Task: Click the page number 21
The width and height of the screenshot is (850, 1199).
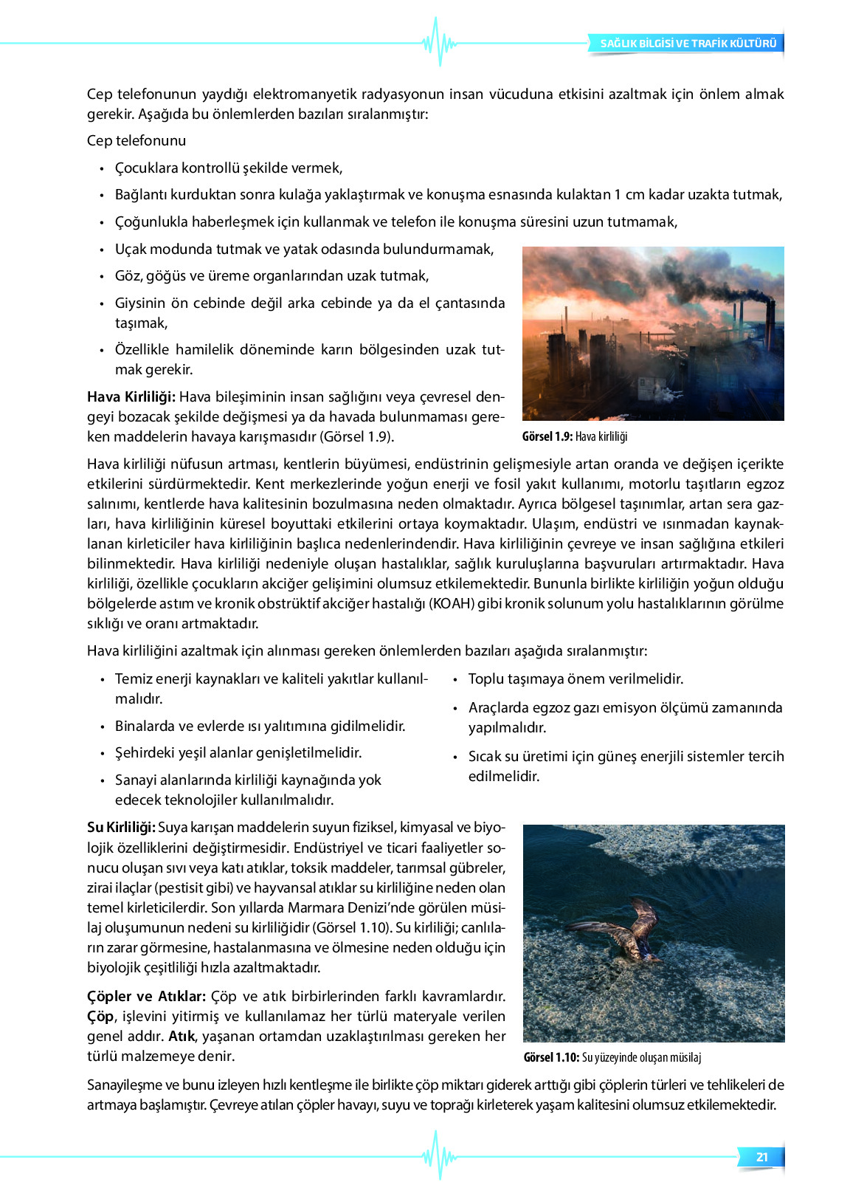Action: coord(762,1157)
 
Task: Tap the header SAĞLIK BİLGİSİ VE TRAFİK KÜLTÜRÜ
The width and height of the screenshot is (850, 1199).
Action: coord(688,44)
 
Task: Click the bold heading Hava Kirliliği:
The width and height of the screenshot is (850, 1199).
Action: coord(131,396)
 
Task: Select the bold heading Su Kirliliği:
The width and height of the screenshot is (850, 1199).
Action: coord(121,827)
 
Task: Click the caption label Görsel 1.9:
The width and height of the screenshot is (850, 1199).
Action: coord(547,436)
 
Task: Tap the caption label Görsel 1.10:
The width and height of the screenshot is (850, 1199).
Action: coord(551,1057)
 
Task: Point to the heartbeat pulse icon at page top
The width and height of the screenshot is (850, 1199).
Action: coord(439,43)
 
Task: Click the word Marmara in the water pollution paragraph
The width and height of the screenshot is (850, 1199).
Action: coord(313,907)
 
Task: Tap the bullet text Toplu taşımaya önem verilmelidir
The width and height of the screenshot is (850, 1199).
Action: coord(576,678)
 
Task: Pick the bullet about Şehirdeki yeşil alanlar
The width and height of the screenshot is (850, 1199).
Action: coord(238,752)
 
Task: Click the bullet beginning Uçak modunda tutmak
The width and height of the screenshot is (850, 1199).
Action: coord(304,249)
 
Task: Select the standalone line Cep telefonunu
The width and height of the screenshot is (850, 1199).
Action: coord(137,140)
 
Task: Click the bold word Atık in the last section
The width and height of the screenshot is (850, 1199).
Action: coord(182,1036)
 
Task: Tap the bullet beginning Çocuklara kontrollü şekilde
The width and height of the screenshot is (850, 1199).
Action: coord(228,168)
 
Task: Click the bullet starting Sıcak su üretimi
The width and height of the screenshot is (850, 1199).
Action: coord(626,766)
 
